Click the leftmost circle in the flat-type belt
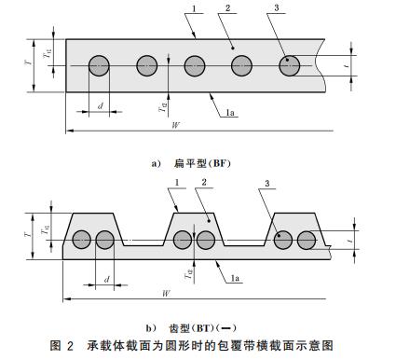coord(100,65)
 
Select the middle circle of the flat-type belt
coord(194,65)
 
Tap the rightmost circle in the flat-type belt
coord(290,65)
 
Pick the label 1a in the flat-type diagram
coord(230,113)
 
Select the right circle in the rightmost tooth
coord(307,240)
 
